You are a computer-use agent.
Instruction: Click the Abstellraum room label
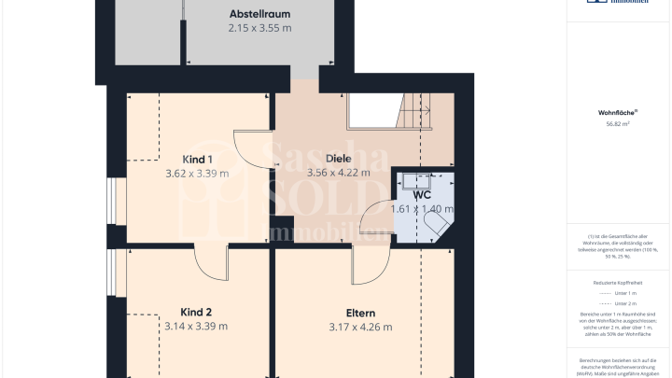(x=259, y=14)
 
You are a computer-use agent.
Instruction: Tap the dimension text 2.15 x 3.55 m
(x=259, y=28)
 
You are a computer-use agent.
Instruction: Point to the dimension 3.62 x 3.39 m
(x=196, y=174)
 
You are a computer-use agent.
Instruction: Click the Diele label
(x=338, y=158)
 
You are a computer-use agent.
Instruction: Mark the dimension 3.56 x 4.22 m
(x=339, y=173)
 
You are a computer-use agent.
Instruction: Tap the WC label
(x=422, y=195)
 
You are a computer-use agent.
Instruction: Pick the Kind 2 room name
(x=196, y=312)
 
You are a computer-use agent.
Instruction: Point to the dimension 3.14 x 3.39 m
(x=196, y=327)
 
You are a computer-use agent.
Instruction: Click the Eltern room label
(x=360, y=313)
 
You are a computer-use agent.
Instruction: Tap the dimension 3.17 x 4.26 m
(x=360, y=328)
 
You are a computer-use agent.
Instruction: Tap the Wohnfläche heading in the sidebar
(x=617, y=112)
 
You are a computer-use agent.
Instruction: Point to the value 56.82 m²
(x=617, y=123)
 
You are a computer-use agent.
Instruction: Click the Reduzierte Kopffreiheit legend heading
(x=617, y=281)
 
